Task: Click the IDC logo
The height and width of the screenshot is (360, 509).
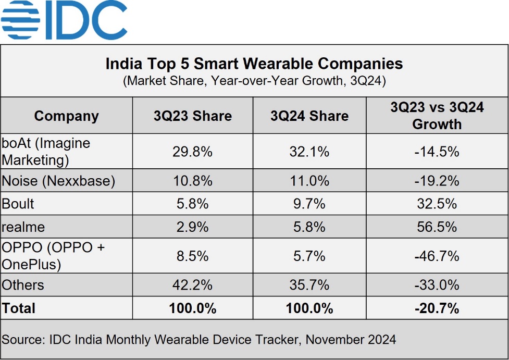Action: click(x=64, y=20)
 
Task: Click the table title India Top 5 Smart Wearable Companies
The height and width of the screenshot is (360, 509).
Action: click(x=254, y=64)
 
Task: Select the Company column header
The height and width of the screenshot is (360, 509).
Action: click(x=66, y=116)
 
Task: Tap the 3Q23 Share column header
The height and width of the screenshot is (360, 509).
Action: click(x=192, y=116)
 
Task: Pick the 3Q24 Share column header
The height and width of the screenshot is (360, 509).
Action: click(x=309, y=116)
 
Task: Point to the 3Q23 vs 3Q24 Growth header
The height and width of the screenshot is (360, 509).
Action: click(x=437, y=116)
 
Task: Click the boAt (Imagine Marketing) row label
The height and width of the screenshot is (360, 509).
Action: click(x=46, y=151)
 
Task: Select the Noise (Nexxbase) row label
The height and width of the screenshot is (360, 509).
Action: click(x=58, y=181)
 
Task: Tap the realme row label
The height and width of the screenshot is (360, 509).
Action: click(x=23, y=227)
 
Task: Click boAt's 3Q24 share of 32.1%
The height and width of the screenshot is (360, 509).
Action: click(x=309, y=152)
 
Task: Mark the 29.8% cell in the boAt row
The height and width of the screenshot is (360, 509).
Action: click(x=192, y=152)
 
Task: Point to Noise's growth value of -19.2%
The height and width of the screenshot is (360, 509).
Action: click(x=437, y=181)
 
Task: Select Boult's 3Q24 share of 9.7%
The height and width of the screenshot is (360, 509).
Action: click(x=309, y=204)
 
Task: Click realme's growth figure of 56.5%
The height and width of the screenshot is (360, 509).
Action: click(x=437, y=227)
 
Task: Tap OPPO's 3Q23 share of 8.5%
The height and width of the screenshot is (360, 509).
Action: click(x=192, y=256)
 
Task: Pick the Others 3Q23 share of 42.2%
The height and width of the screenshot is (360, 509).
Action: click(x=192, y=285)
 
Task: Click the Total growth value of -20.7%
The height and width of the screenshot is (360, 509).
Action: click(x=437, y=308)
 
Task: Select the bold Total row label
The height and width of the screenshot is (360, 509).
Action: click(x=19, y=308)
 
